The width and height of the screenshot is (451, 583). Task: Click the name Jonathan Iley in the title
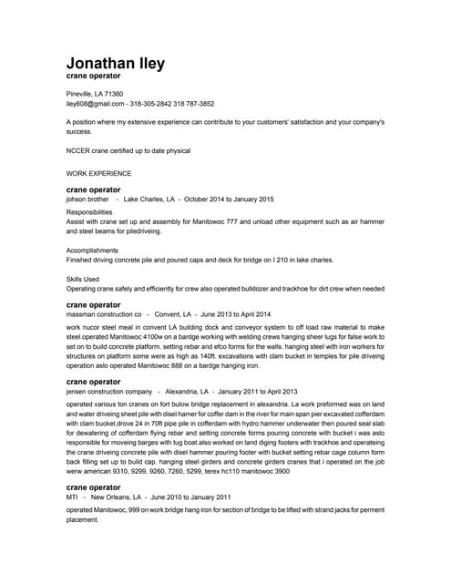pyautogui.click(x=116, y=63)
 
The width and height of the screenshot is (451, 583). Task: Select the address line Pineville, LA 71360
pyautogui.click(x=95, y=94)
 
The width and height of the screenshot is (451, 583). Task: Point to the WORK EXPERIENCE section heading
pyautogui.click(x=99, y=171)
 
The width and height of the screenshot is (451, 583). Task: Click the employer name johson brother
pyautogui.click(x=87, y=199)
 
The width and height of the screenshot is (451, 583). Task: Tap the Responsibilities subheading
pyautogui.click(x=89, y=211)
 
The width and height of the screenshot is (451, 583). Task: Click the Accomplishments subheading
pyautogui.click(x=92, y=250)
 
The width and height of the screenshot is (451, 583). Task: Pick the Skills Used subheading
pyautogui.click(x=84, y=279)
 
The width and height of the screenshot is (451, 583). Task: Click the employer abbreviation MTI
pyautogui.click(x=72, y=497)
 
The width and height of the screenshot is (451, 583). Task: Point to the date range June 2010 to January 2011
pyautogui.click(x=191, y=497)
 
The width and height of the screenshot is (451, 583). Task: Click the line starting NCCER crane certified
pyautogui.click(x=128, y=150)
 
